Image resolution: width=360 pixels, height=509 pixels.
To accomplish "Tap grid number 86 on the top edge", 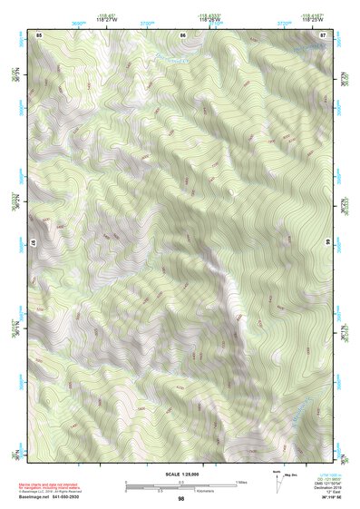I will [183, 34].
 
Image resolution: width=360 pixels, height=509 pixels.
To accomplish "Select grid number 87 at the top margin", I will [323, 34].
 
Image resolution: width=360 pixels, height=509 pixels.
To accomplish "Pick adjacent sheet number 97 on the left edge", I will [34, 242].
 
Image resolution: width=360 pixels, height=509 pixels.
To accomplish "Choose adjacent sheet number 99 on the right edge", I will [327, 242].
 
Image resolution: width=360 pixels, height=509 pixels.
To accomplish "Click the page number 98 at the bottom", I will [181, 498].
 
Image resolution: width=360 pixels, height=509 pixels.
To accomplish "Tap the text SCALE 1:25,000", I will [181, 473].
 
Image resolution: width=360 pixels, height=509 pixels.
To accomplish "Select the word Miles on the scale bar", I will [241, 481].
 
